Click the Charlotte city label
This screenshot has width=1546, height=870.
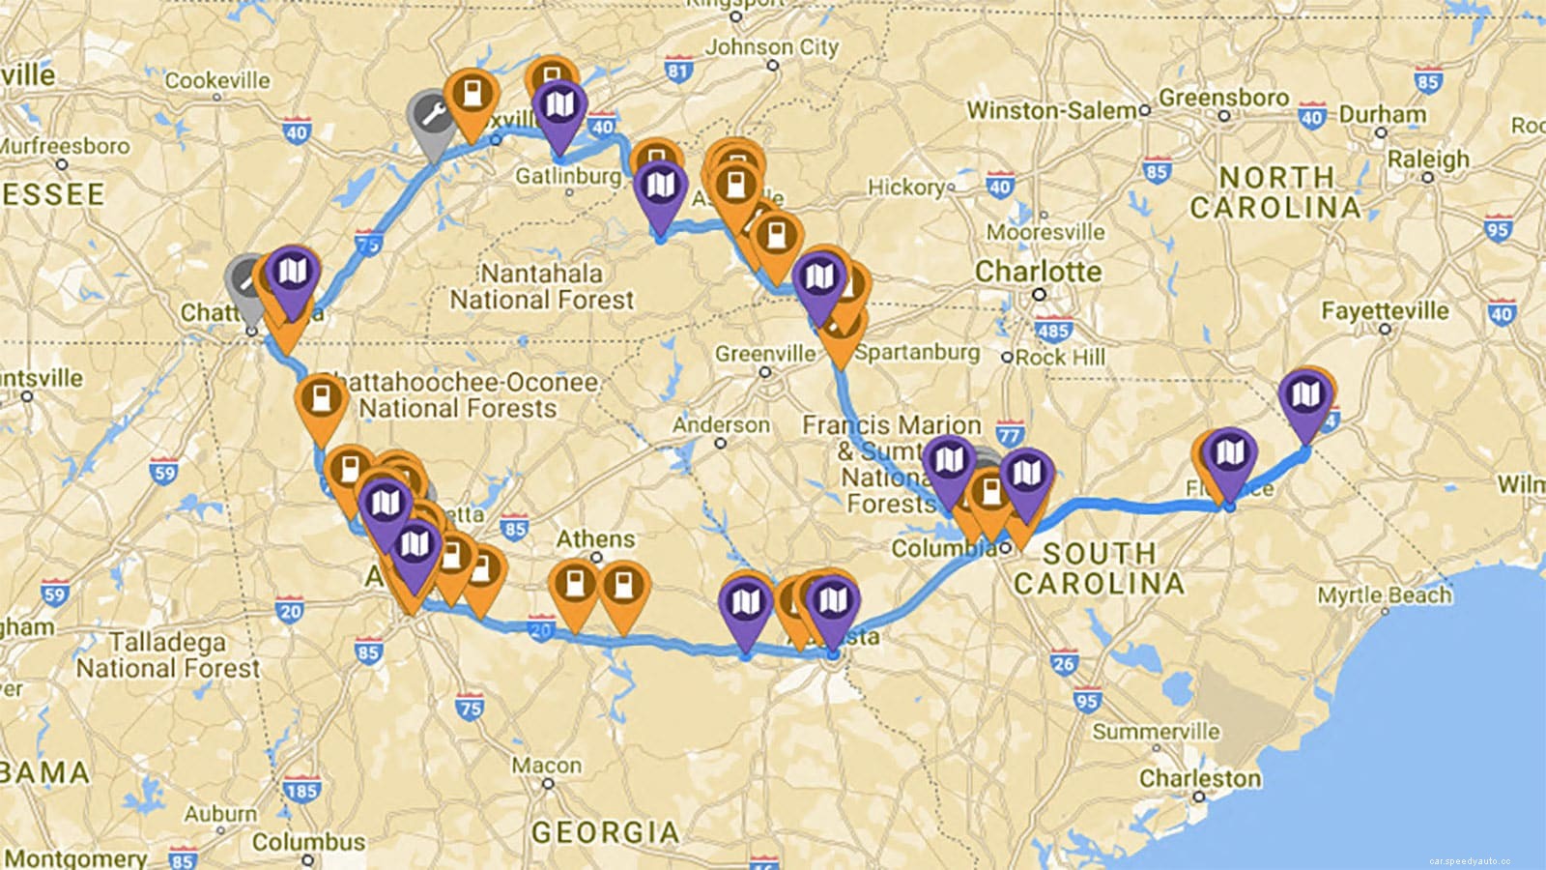pos(1038,272)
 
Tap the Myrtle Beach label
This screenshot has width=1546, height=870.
pos(1384,594)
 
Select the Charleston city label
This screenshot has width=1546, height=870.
pos(1199,778)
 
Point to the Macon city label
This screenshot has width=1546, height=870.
pos(547,766)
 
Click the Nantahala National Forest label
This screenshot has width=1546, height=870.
pos(541,287)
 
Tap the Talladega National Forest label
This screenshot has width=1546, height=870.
pos(168,655)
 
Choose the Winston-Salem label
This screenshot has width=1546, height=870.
pos(1051,110)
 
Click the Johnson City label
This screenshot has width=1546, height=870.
pos(772,46)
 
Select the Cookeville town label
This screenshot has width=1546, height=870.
pos(217,80)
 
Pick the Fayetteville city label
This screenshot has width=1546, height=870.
pos(1385,311)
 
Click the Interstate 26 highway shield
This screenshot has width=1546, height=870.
pos(1064,664)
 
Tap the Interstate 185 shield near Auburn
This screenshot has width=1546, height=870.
pos(301,791)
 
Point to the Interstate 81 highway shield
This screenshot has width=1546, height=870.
pos(678,70)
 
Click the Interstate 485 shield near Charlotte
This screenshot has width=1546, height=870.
pos(1053,331)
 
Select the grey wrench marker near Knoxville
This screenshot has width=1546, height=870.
pos(431,118)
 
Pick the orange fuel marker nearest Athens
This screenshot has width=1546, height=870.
pos(576,586)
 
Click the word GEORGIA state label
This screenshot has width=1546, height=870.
pos(606,832)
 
